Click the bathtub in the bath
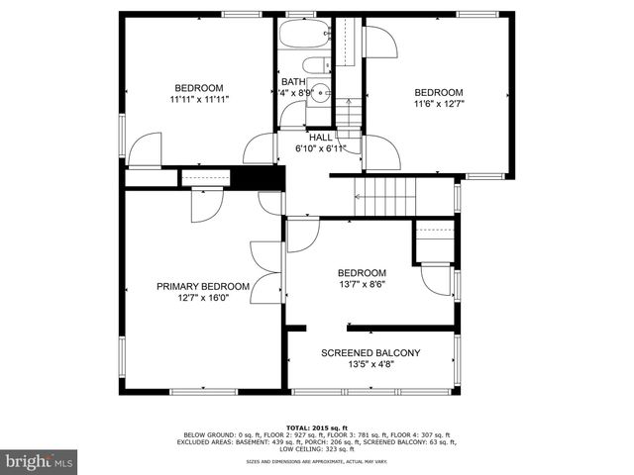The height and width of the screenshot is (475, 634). (x=304, y=35)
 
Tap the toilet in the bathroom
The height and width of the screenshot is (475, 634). (x=317, y=65)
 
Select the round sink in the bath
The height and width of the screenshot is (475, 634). (x=316, y=89)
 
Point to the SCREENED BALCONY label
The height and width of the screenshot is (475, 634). (x=370, y=352)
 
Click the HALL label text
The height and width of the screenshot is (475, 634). (x=320, y=138)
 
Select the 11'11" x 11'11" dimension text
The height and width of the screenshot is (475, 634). (x=199, y=99)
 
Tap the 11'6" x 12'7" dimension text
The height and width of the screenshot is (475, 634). (x=438, y=103)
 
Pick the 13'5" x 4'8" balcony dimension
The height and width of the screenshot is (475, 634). (x=370, y=364)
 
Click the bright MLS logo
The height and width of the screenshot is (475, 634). (x=39, y=461)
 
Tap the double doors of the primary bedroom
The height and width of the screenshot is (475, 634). (x=265, y=272)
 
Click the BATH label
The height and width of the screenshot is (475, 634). (x=293, y=82)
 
